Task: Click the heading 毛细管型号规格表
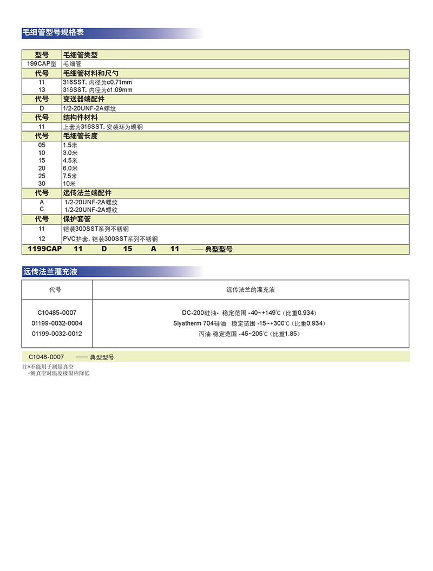tap(53, 33)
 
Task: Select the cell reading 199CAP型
tap(42, 63)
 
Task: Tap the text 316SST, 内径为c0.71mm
tap(97, 82)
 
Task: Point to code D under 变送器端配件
tap(42, 108)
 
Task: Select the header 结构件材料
tap(80, 118)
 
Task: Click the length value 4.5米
tap(70, 161)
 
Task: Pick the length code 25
tap(42, 176)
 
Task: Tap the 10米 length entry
tap(69, 184)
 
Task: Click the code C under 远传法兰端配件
tap(42, 209)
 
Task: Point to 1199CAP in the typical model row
tap(42, 249)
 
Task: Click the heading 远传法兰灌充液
tap(50, 271)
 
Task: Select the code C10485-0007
tap(57, 313)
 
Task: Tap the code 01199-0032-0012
tap(57, 334)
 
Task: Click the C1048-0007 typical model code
tap(47, 357)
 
